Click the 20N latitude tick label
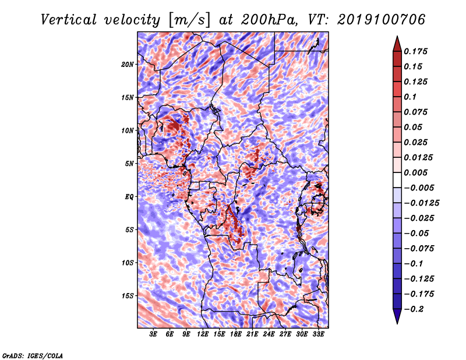click(x=128, y=65)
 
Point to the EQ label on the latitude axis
click(x=129, y=197)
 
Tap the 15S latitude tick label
click(x=128, y=296)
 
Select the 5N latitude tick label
click(x=129, y=164)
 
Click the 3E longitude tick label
click(x=153, y=334)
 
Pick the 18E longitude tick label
click(x=236, y=334)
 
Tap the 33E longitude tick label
click(x=318, y=334)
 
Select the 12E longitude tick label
click(x=203, y=334)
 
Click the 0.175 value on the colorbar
click(x=415, y=51)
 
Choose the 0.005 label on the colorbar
click(x=415, y=172)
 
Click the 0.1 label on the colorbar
click(x=410, y=97)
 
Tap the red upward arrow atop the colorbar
click(x=397, y=44)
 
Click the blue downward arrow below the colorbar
click(x=397, y=316)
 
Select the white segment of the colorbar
click(x=397, y=180)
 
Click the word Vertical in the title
click(x=69, y=20)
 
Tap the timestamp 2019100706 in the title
click(x=382, y=20)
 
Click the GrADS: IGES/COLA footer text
click(x=33, y=355)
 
